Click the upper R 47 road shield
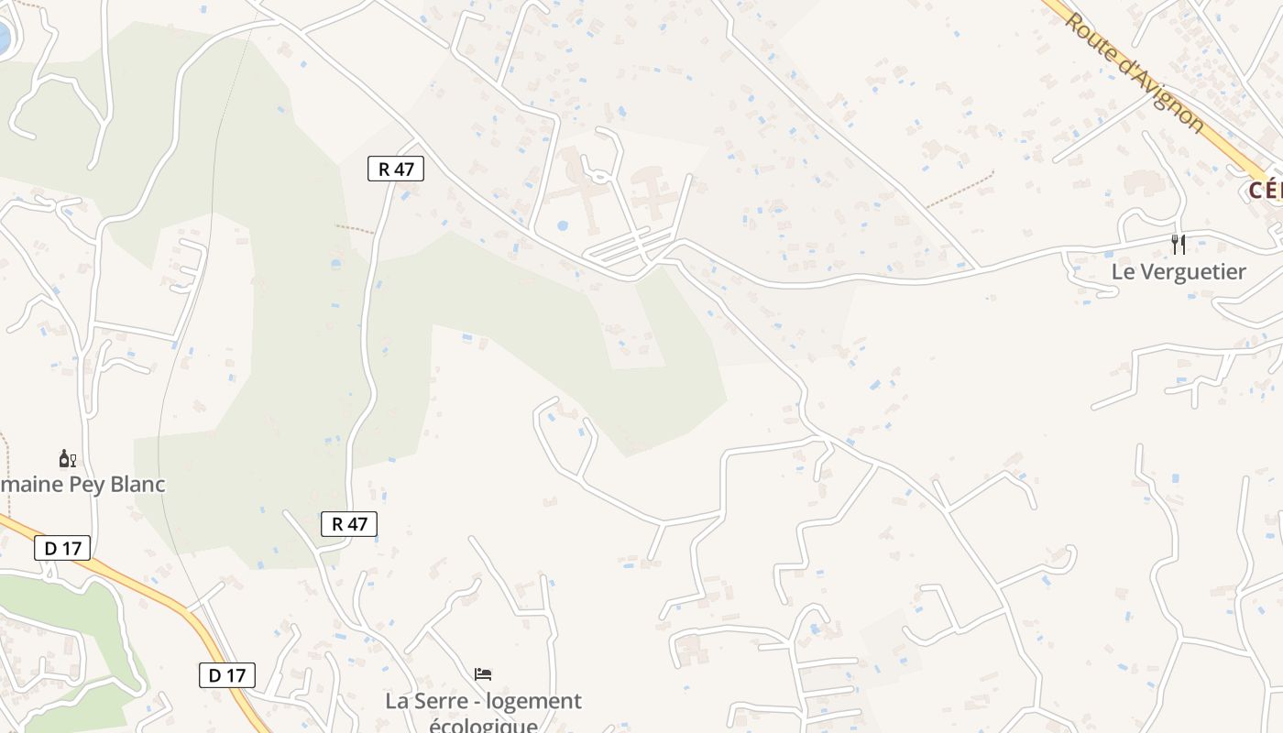point(396,169)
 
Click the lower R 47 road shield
point(349,524)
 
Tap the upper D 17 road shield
point(62,548)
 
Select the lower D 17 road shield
point(226,675)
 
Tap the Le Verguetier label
point(1179,271)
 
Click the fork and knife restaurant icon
point(1179,245)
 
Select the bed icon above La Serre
point(483,674)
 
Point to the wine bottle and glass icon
point(67,459)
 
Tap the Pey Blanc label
point(82,484)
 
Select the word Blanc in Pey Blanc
point(137,484)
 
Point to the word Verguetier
point(1192,271)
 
